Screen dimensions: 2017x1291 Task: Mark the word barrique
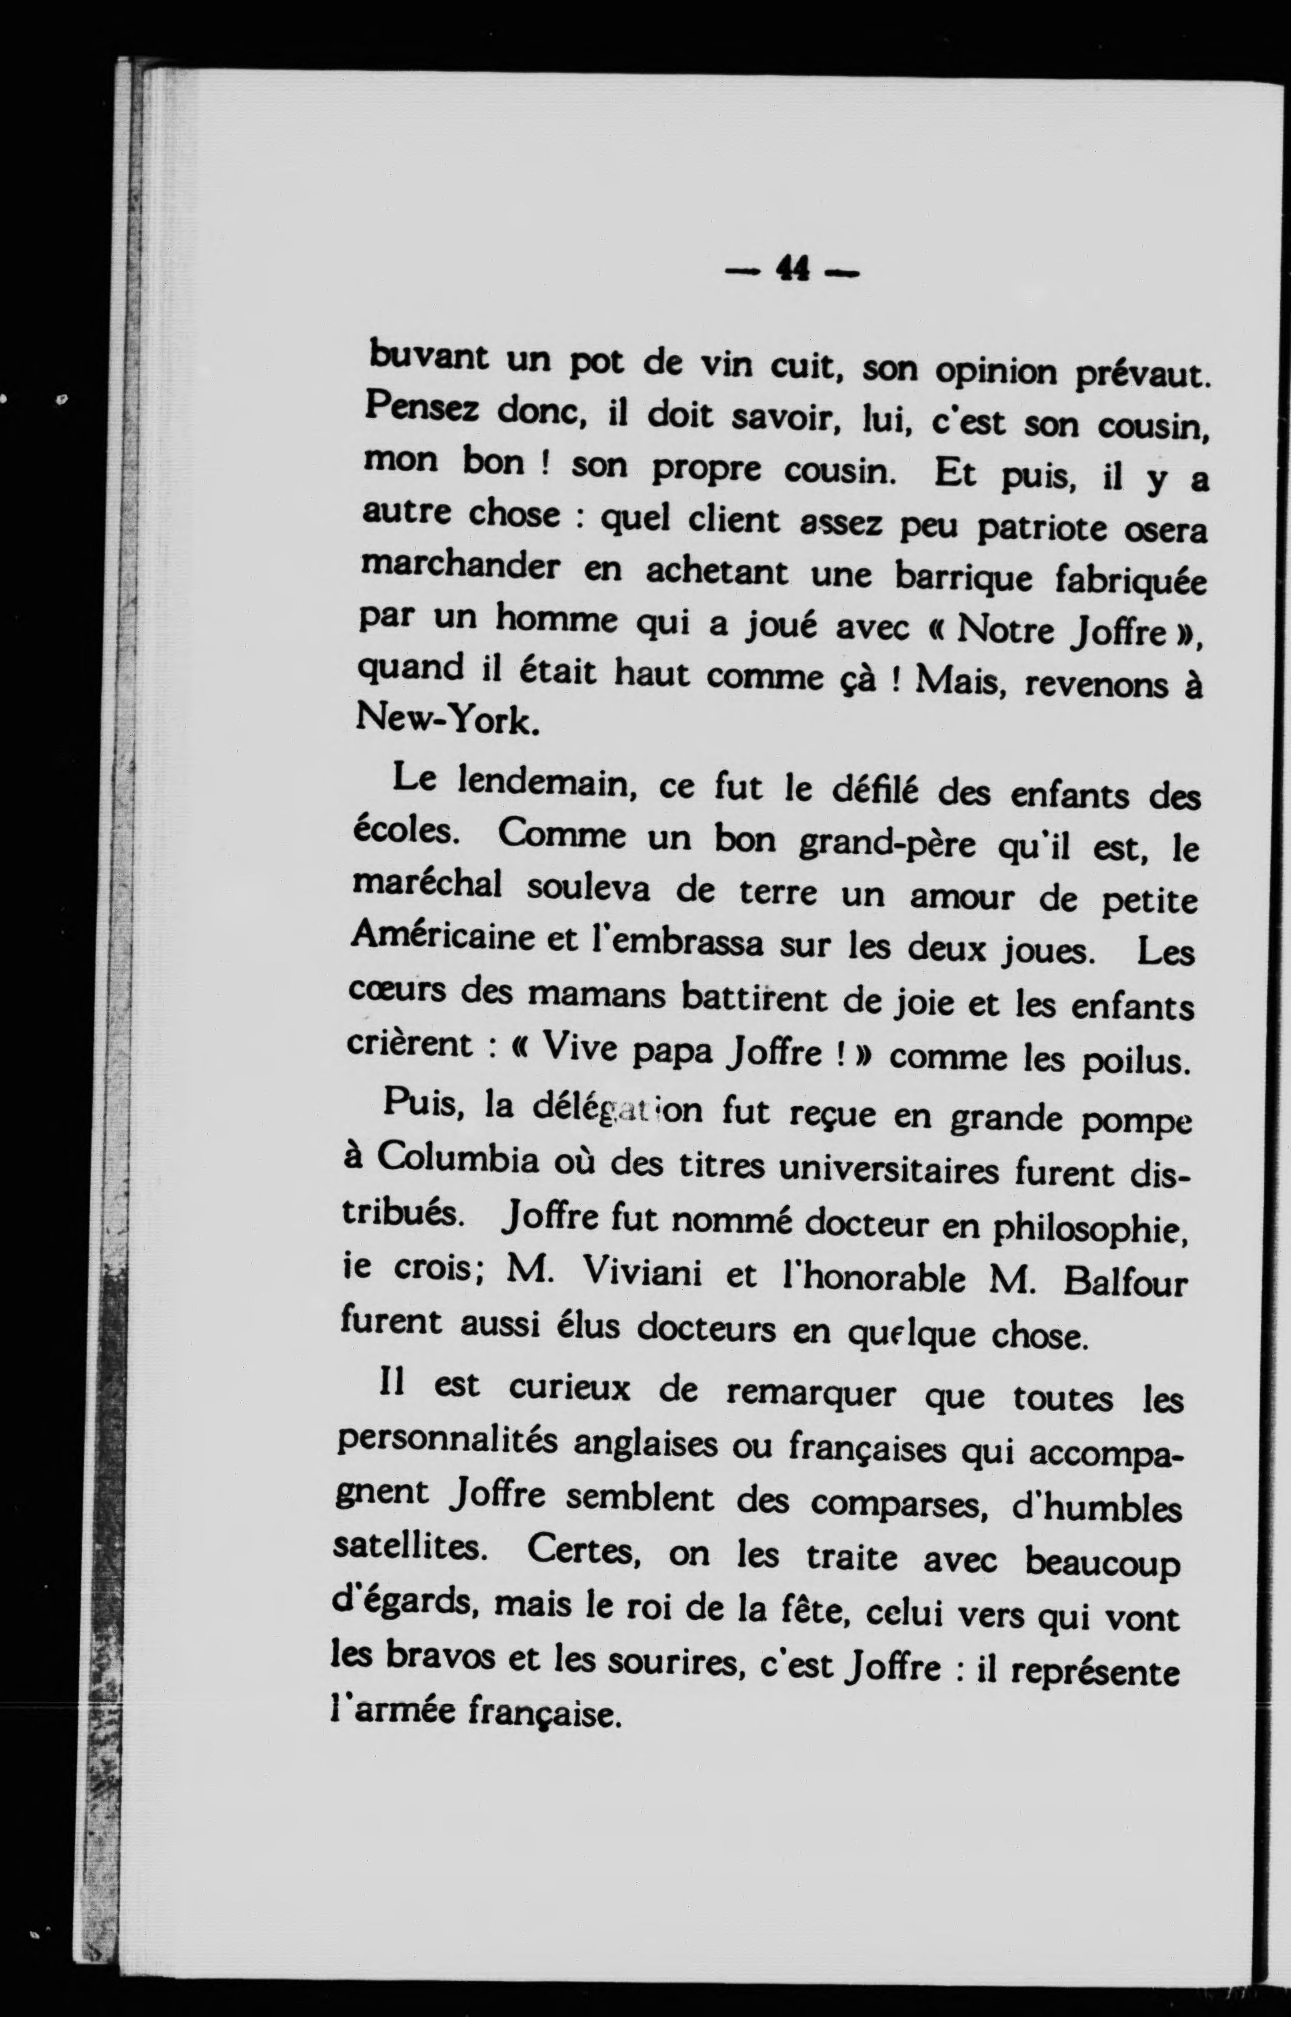964,576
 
